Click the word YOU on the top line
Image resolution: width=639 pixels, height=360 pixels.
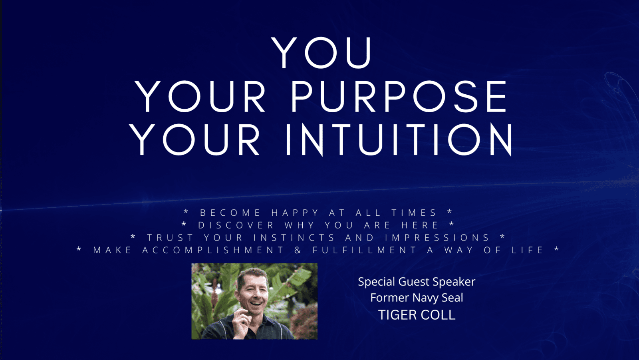click(x=321, y=53)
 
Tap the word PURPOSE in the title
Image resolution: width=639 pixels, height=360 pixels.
click(x=399, y=97)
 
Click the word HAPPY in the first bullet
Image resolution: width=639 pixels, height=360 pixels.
click(x=295, y=213)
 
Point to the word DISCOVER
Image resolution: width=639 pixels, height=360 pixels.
click(x=236, y=225)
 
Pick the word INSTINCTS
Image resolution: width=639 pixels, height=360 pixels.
click(x=294, y=237)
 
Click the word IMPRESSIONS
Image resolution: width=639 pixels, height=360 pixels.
click(x=437, y=237)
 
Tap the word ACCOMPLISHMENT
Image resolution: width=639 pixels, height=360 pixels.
click(x=213, y=250)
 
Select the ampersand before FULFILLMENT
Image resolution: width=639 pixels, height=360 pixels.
click(x=298, y=250)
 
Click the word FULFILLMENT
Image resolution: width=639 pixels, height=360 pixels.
click(x=364, y=250)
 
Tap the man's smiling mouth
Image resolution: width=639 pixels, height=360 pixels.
click(x=256, y=303)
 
